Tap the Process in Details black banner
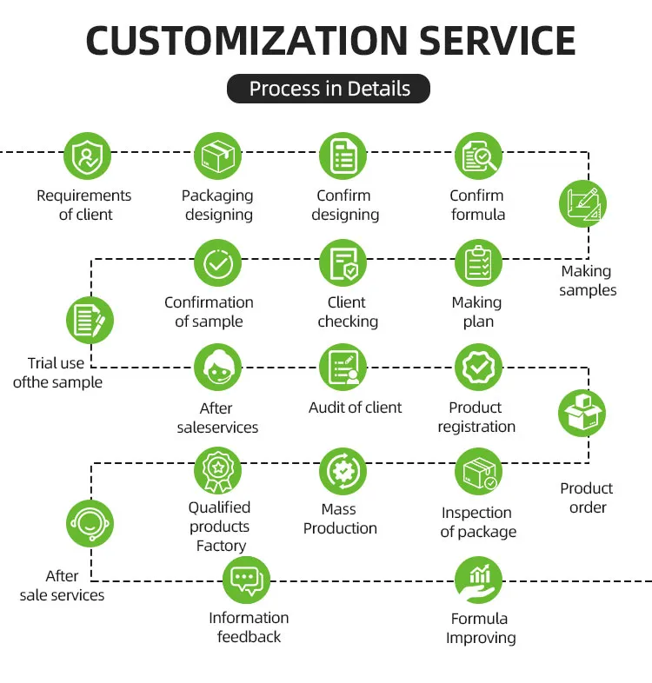tap(329, 89)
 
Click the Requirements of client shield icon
tap(87, 157)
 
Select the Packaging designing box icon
tap(217, 157)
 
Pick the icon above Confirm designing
tap(343, 157)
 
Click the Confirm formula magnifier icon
tap(478, 157)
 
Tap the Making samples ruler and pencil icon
tap(582, 204)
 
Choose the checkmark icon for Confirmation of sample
tap(217, 263)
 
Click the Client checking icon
tap(343, 263)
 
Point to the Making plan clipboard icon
tap(478, 263)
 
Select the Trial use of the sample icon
tap(90, 320)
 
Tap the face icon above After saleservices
tap(217, 368)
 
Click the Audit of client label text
tap(355, 407)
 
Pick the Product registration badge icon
tap(478, 368)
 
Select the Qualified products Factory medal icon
tap(217, 471)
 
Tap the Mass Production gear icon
tap(343, 471)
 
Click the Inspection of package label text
tap(477, 522)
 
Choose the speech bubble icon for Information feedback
tap(246, 580)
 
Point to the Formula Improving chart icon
tap(478, 580)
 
